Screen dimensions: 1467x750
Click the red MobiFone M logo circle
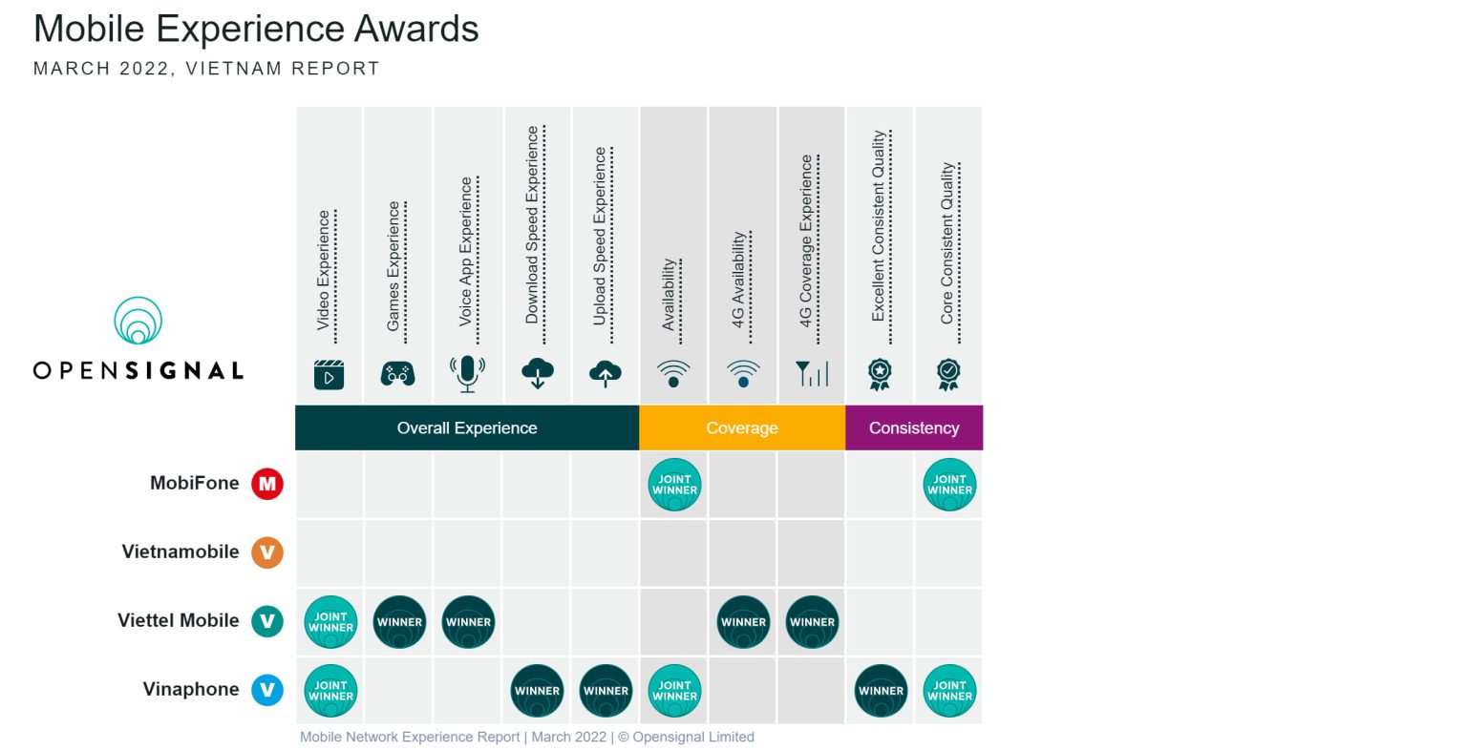coord(267,484)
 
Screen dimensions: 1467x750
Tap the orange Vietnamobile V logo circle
coord(267,552)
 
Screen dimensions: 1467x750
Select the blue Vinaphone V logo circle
coord(267,690)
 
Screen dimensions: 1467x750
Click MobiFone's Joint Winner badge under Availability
coord(674,485)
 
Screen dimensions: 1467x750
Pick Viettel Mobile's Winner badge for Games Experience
coord(399,622)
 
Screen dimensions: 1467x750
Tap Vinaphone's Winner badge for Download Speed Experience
coord(537,691)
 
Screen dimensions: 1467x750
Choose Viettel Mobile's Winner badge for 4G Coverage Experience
coord(812,622)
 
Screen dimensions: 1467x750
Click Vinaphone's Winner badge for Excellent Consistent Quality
coord(881,691)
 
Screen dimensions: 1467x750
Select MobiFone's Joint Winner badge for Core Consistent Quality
coord(949,485)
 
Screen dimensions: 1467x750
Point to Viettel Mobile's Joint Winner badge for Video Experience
coord(330,622)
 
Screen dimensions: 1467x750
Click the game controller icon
coord(397,374)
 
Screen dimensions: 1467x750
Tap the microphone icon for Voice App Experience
coord(467,374)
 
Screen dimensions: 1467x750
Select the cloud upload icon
coord(606,374)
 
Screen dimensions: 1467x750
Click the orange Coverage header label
coord(741,428)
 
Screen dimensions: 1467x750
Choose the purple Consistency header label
coord(914,428)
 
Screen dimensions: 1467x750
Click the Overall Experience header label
coord(467,428)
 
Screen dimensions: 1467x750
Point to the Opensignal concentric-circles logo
coord(138,320)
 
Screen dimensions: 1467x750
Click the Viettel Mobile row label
coord(179,620)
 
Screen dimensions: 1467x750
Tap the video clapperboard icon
coord(329,374)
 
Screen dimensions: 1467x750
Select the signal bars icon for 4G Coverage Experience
coord(812,374)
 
